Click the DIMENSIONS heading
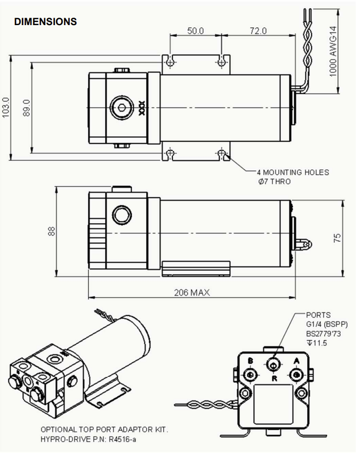tap(46, 22)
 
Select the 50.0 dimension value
tap(195, 31)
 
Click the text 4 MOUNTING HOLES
tap(293, 172)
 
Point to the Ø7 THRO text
tap(275, 182)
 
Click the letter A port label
tap(297, 361)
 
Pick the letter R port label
tap(273, 379)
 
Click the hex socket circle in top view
tap(122, 108)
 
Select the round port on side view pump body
tap(121, 215)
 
